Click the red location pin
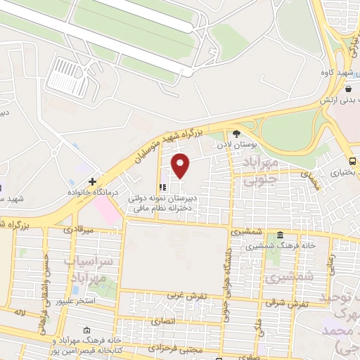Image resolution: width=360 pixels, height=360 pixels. click(181, 165)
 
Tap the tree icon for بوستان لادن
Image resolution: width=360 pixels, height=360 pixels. click(236, 133)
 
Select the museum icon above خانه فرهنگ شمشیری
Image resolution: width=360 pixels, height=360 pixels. click(280, 235)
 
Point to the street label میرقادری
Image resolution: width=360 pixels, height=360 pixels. click(77, 229)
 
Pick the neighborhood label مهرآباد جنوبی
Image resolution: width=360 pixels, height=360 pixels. click(261, 172)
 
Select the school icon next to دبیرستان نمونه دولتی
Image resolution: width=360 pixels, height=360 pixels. click(163, 187)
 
